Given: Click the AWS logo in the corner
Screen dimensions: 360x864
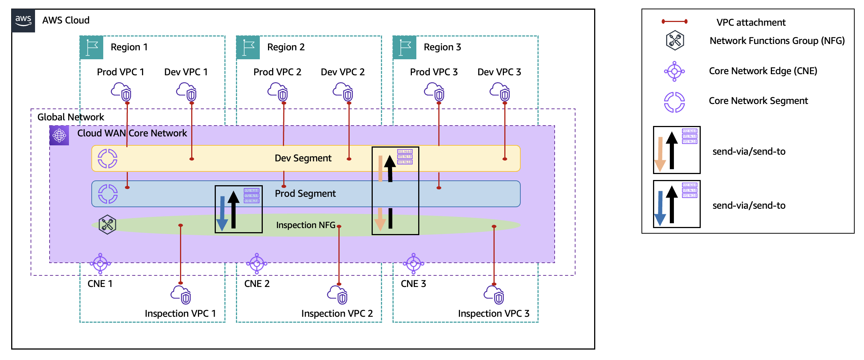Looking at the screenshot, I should tap(23, 20).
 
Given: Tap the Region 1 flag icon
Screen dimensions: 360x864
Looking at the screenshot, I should tap(91, 48).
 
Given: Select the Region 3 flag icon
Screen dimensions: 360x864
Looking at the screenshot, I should tap(404, 48).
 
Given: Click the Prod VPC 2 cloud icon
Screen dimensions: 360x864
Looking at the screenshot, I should tap(278, 92).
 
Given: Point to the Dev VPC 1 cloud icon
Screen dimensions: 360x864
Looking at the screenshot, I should tap(186, 92).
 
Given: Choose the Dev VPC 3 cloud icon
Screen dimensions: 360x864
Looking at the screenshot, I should tap(499, 92).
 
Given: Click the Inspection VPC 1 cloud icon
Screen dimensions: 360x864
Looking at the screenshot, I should tap(181, 295).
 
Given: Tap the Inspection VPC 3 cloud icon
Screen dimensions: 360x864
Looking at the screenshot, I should tap(494, 295).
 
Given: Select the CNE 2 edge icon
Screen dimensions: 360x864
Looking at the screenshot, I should tap(257, 263).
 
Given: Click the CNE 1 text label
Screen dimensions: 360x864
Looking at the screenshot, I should tap(100, 284).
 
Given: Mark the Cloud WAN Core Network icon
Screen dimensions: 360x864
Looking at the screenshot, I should tap(59, 135).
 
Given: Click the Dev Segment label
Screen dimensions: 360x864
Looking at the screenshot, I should tap(303, 158).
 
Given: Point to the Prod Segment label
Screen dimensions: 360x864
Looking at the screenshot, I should tap(305, 193).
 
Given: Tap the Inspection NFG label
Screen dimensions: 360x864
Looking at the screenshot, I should tap(306, 225).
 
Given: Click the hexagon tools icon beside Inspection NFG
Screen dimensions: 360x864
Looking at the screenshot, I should tap(107, 224).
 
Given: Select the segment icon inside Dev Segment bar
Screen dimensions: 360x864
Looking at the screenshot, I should tap(107, 158).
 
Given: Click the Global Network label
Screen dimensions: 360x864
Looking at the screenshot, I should tap(71, 117).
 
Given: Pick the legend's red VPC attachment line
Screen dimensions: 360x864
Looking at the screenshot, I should tap(674, 22).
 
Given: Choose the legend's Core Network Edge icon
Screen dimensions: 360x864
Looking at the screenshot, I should tap(674, 71).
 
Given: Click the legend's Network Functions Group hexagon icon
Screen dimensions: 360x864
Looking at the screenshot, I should tap(675, 40).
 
